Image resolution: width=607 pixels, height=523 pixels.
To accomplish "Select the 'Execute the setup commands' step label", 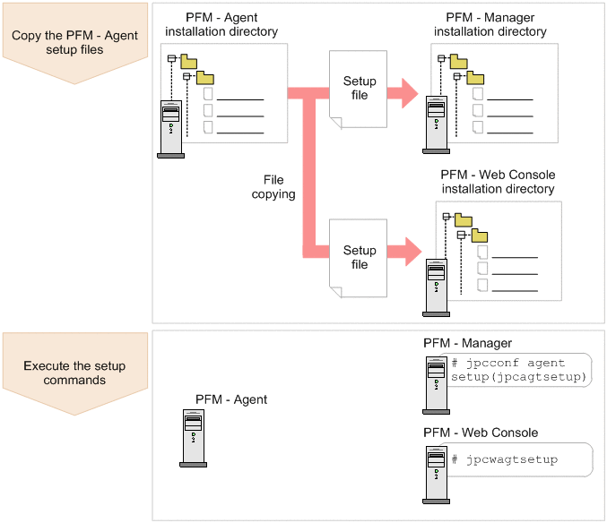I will pos(74,373).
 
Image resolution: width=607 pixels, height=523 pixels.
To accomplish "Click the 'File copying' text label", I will pos(273,187).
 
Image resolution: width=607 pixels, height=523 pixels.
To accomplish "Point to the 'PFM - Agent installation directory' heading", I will pos(221,24).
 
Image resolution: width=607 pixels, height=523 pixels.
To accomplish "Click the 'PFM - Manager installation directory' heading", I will pos(490,24).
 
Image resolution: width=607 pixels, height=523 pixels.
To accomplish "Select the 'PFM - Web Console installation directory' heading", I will pos(498,182).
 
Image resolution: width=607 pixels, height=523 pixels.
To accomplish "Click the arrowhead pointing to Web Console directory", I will pos(412,250).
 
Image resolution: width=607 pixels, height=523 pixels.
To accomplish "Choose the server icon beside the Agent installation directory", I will pos(170,129).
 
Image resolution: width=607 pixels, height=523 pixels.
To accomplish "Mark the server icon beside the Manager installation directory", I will pos(437,129).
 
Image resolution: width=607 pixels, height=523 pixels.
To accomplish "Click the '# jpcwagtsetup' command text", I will pos(505,459).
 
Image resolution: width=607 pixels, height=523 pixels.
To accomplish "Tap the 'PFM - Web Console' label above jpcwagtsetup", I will pos(481,433).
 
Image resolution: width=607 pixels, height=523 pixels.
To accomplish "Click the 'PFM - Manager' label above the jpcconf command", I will pos(467,343).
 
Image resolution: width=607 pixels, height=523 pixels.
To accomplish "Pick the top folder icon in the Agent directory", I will pos(188,62).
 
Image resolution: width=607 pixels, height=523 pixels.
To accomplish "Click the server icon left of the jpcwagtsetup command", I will pos(437,467).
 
